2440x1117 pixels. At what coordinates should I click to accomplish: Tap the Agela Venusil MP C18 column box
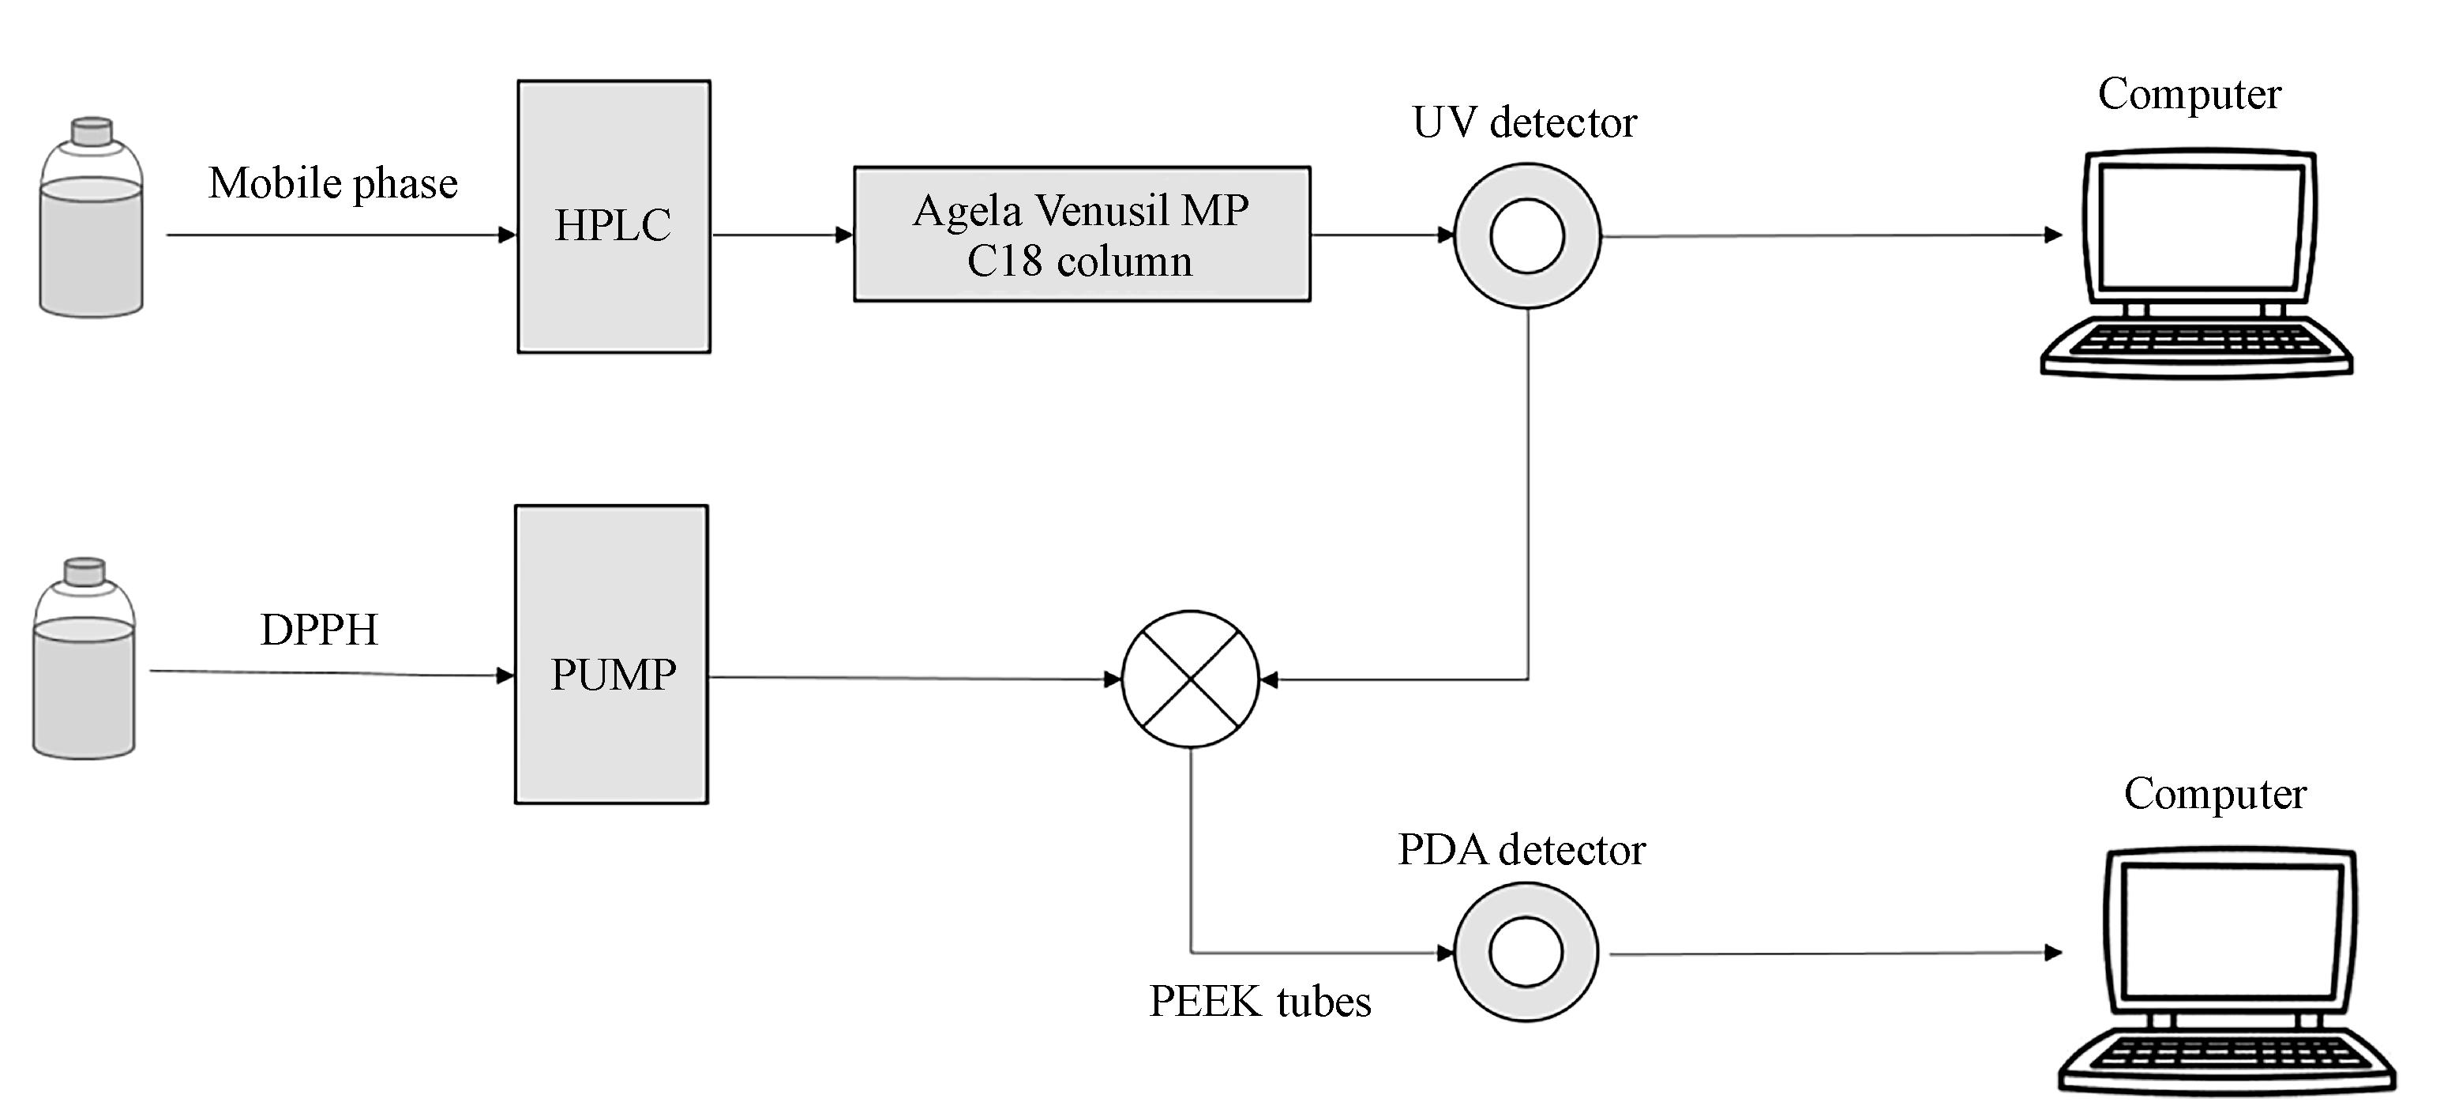[1082, 234]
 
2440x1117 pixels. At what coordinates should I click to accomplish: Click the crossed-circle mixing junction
[1191, 679]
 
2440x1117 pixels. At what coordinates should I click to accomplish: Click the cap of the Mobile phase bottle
[92, 131]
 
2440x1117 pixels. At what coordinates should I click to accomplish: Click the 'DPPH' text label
[319, 630]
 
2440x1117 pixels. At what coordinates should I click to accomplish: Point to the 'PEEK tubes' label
[1259, 1002]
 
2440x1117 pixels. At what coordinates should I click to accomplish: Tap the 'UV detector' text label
[1524, 122]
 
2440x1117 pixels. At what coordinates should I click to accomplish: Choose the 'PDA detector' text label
[1521, 850]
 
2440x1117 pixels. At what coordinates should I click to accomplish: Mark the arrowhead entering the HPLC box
[508, 235]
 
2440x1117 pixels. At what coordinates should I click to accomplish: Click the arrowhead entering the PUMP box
[506, 675]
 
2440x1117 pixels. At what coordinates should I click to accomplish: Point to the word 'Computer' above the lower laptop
[2215, 794]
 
